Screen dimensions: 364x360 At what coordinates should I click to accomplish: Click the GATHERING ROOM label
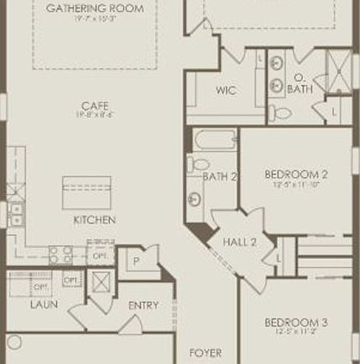pyautogui.click(x=94, y=8)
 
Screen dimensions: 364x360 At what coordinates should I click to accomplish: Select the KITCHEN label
pyautogui.click(x=94, y=220)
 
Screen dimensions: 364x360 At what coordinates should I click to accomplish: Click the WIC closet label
pyautogui.click(x=226, y=90)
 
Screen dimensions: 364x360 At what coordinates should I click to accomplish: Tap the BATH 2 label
pyautogui.click(x=220, y=176)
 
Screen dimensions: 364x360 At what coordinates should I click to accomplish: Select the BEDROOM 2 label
pyautogui.click(x=296, y=174)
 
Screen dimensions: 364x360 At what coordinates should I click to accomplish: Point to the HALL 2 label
pyautogui.click(x=239, y=242)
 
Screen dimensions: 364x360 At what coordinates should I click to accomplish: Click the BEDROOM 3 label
pyautogui.click(x=296, y=323)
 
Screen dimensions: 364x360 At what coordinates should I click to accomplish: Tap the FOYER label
pyautogui.click(x=206, y=353)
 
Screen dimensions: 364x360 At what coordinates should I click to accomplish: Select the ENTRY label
pyautogui.click(x=143, y=305)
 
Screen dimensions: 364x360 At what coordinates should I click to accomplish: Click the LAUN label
pyautogui.click(x=44, y=304)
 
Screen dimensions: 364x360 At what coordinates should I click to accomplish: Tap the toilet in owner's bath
pyautogui.click(x=283, y=112)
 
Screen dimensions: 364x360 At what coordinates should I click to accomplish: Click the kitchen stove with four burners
pyautogui.click(x=61, y=253)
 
